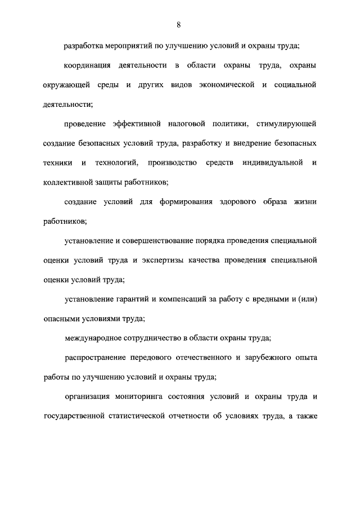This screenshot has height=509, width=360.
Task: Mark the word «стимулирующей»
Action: [x=286, y=124]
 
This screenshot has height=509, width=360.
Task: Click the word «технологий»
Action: [x=115, y=163]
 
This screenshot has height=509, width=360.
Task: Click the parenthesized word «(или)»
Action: [x=307, y=299]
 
